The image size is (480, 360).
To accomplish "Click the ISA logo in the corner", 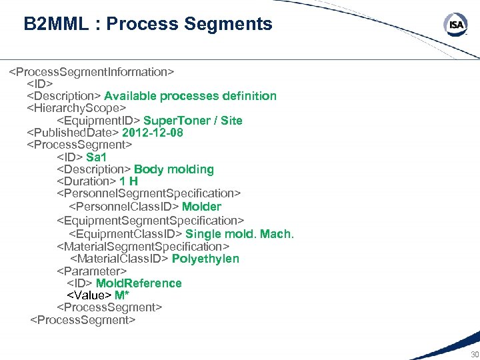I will (456, 25).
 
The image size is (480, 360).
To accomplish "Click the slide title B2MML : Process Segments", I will (148, 25).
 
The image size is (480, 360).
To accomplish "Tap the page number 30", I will (474, 354).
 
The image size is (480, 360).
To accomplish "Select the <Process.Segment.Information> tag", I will (91, 71).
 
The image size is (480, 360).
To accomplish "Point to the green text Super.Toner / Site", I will (193, 121).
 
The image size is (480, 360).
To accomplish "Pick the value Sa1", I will (96, 157).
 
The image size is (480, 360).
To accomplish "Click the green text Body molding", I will (173, 169).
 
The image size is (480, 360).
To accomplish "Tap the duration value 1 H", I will (129, 181).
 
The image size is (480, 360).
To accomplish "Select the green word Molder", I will (201, 207).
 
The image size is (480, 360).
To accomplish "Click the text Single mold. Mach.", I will (239, 234).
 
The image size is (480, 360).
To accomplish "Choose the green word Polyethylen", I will (205, 259).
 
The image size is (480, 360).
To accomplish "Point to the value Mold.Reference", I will (139, 283).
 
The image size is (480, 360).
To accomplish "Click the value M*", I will (122, 295).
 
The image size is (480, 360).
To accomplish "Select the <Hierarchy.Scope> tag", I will (76, 108).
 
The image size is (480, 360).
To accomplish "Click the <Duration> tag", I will (87, 181).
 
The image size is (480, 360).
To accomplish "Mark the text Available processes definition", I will (190, 96).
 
